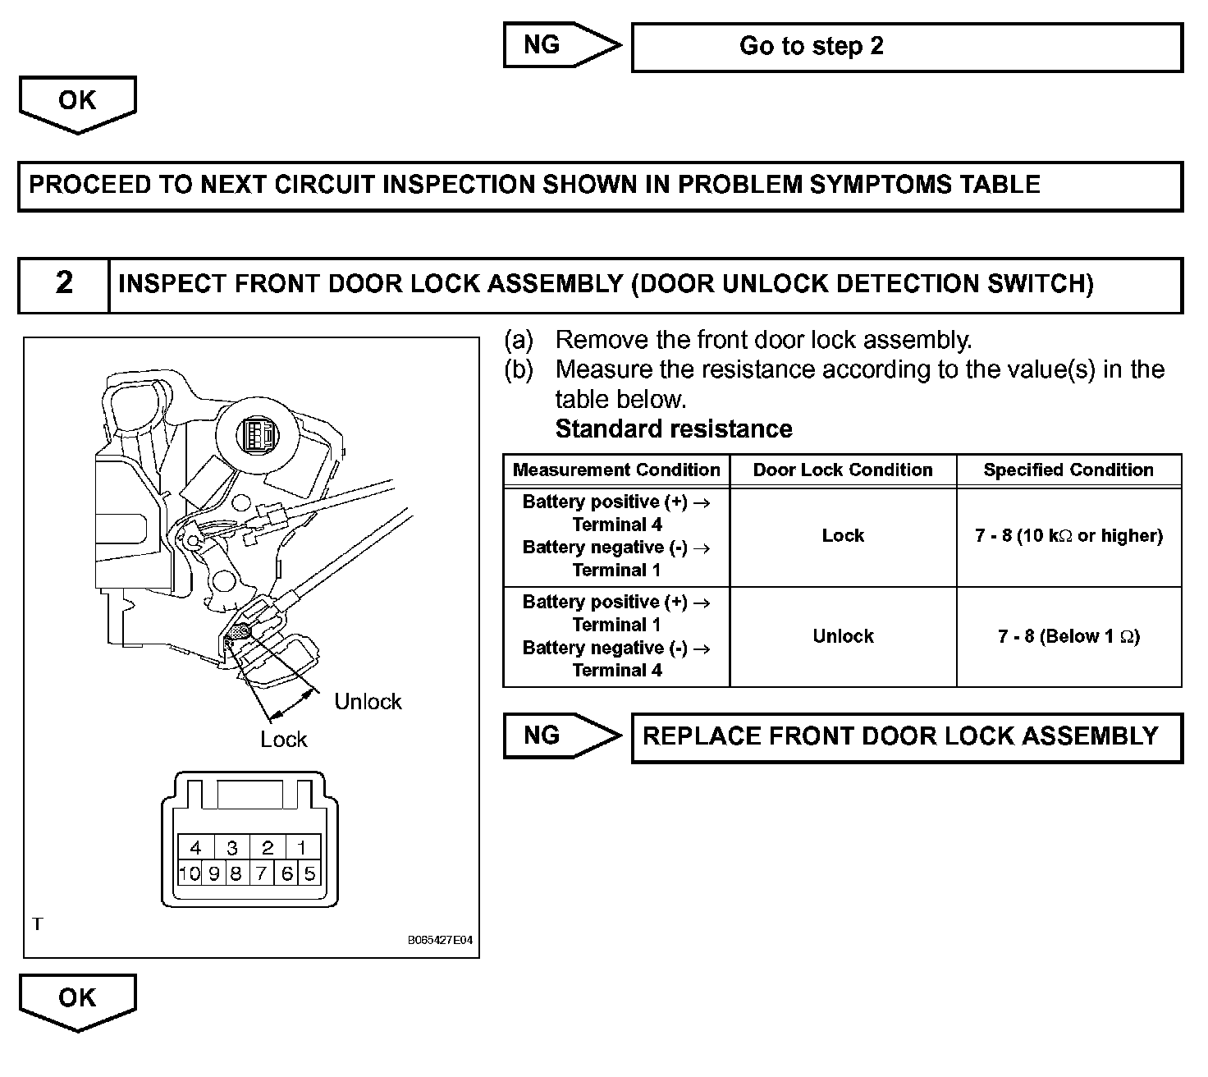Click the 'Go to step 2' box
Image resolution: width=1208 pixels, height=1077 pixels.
point(907,47)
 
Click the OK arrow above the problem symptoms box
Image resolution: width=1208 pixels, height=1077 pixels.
point(77,103)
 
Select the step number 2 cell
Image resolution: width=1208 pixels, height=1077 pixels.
point(64,284)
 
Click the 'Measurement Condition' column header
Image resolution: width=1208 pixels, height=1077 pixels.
point(616,470)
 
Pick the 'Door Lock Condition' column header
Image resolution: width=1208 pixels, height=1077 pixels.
point(843,470)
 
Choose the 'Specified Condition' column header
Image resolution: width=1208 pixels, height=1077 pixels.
point(1068,470)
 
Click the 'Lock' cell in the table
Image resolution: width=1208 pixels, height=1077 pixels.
point(843,536)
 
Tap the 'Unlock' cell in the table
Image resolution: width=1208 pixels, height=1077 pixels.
point(843,636)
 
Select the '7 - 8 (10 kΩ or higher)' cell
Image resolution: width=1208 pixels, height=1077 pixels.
point(1068,536)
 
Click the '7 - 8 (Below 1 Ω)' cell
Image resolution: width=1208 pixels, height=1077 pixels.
point(1068,636)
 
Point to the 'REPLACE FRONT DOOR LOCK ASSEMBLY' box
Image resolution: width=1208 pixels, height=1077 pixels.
point(907,736)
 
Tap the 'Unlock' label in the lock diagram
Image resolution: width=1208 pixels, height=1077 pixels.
point(368,702)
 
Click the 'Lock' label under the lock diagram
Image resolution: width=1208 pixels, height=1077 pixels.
point(283,740)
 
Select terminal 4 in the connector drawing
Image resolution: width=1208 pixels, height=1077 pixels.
point(195,848)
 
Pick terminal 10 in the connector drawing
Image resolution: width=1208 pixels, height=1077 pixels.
point(190,873)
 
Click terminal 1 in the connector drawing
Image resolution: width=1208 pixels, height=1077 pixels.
point(301,848)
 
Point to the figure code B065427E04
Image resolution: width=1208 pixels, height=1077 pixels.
point(440,941)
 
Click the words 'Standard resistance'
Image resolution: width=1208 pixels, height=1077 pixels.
point(674,429)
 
